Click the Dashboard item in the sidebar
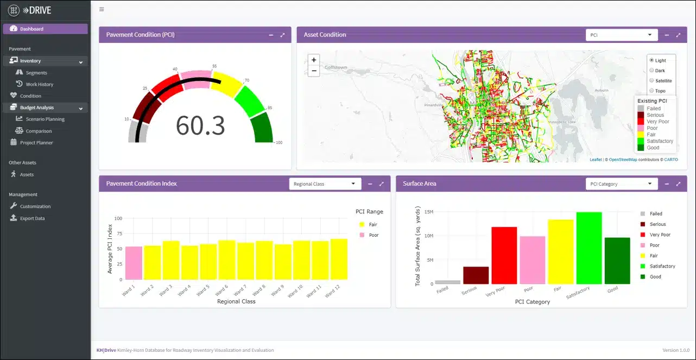coord(31,29)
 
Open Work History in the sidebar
coord(39,84)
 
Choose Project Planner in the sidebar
coord(36,143)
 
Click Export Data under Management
coord(32,218)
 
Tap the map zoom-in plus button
coord(314,60)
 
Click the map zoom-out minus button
coord(314,71)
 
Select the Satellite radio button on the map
coord(652,80)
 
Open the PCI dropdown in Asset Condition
coord(622,35)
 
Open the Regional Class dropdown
coord(325,184)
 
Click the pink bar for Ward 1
coord(134,263)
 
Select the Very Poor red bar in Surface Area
coord(504,255)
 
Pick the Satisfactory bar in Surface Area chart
coord(589,248)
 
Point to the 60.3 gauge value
coord(200,125)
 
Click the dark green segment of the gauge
coord(263,128)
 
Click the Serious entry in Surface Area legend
coord(657,224)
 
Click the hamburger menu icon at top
coord(102,9)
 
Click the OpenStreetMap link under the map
coord(623,160)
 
